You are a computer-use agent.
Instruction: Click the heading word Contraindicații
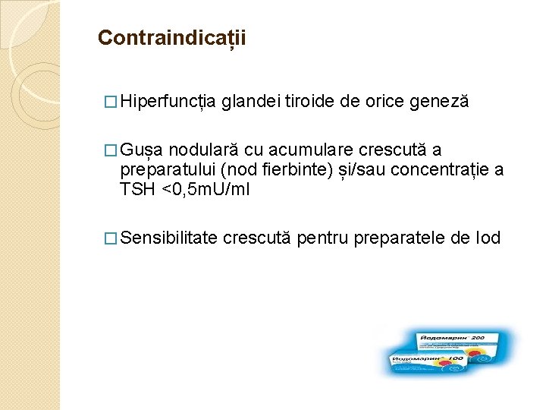click(x=172, y=37)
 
